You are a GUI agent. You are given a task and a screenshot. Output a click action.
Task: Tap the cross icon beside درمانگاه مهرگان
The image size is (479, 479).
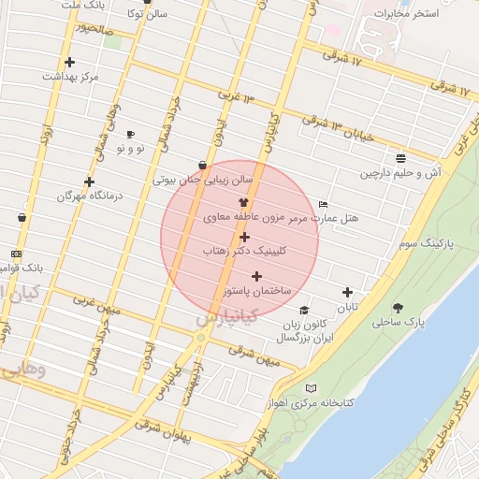click(90, 181)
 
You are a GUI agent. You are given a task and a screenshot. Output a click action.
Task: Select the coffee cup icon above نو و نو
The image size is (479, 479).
click(129, 134)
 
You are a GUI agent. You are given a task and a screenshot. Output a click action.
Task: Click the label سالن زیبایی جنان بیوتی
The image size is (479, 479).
click(203, 180)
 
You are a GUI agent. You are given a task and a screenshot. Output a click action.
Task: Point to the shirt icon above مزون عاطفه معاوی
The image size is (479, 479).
click(243, 201)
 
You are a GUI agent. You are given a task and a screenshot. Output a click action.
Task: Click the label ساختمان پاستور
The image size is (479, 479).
click(251, 292)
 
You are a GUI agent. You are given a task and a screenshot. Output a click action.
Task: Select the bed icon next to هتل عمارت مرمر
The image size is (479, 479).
click(323, 204)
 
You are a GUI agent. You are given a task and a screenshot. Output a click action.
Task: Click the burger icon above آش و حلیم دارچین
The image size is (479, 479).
click(400, 157)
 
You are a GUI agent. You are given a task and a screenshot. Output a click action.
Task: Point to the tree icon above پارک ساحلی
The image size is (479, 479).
click(399, 307)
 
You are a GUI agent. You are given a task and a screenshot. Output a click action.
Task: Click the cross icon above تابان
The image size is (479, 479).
click(348, 293)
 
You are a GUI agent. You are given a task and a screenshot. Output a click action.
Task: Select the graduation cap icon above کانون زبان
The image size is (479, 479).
click(303, 310)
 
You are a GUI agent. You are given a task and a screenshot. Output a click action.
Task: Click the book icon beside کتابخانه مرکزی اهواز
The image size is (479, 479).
click(312, 387)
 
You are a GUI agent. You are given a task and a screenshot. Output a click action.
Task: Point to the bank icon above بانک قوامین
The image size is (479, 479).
click(16, 254)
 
